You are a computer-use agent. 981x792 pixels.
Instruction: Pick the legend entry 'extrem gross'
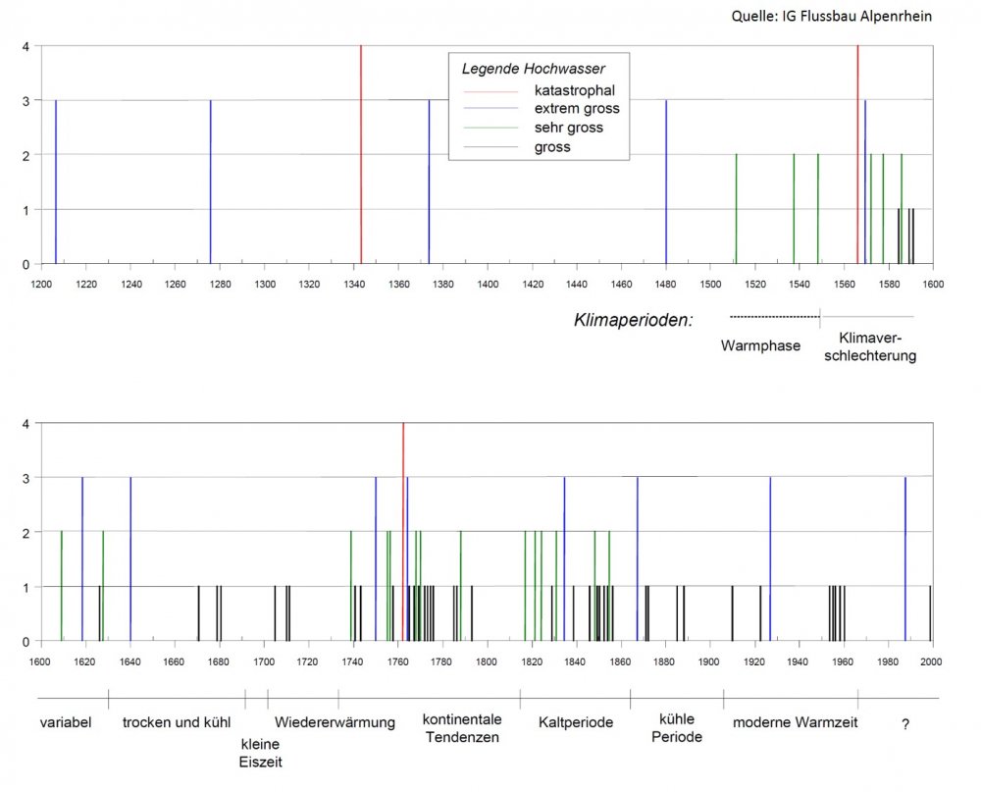coord(577,109)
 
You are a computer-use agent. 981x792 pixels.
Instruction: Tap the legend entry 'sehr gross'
coord(569,128)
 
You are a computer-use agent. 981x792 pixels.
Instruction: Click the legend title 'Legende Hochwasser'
coord(533,69)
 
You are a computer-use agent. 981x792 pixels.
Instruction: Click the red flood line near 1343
coord(361,157)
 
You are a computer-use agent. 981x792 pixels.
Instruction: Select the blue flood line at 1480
coord(666,182)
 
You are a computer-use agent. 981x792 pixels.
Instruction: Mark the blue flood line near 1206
coord(56,182)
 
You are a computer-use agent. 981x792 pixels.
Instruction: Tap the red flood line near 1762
coord(403,530)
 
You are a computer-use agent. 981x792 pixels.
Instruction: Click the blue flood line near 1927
coord(770,559)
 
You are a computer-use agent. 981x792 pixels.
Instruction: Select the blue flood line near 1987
coord(904,559)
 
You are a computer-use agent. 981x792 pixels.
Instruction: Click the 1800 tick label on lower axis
coord(487,661)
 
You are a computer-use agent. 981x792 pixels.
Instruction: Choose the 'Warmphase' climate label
coord(760,345)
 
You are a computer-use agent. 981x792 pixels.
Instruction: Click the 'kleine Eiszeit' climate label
coord(260,751)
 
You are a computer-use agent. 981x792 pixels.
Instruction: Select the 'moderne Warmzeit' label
coord(796,722)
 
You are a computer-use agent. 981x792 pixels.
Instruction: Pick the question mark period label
coord(904,723)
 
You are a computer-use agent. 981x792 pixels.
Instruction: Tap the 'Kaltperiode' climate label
coord(576,722)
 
